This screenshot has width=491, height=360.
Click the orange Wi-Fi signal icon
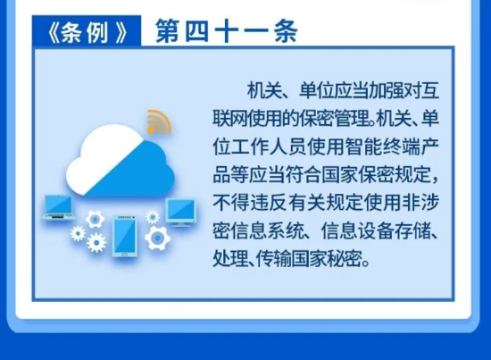(158, 122)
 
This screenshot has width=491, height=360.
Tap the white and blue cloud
(121, 161)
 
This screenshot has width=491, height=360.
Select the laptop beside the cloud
(59, 206)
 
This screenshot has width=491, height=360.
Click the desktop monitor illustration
(180, 212)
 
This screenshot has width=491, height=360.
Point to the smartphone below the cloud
(125, 236)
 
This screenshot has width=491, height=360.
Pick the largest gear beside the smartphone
(157, 238)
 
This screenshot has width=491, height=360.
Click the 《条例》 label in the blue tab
(87, 32)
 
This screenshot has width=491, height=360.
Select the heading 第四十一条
(226, 31)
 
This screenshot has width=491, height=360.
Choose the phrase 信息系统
(268, 231)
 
